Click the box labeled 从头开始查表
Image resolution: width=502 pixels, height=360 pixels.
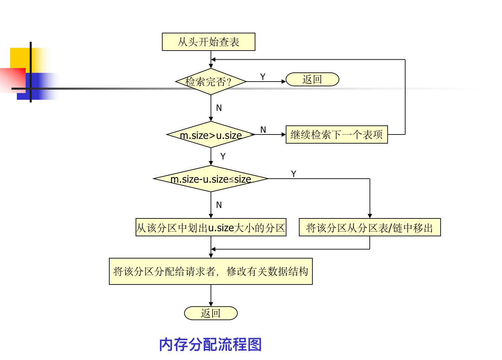pos(208,42)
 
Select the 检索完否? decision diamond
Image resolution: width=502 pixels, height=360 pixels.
pos(211,82)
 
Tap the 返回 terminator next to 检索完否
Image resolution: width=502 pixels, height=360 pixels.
pos(312,80)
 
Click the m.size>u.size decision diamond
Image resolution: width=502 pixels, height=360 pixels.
pos(211,135)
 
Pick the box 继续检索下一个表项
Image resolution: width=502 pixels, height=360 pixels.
pos(336,134)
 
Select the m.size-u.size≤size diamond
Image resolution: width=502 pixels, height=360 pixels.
pos(211,179)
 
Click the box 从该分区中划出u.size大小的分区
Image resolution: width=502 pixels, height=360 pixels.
pos(211,228)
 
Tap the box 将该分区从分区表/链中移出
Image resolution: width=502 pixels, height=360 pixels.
pos(369,228)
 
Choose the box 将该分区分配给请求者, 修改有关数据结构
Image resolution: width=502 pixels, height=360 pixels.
pos(211,271)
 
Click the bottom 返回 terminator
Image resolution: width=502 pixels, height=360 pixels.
pos(211,313)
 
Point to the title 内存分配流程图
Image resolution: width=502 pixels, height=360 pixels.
pos(210,344)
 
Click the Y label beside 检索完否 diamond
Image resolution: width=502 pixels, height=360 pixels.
pos(262,77)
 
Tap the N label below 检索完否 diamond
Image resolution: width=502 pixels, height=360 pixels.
pos(219,108)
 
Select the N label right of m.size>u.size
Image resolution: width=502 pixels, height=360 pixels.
pos(263,130)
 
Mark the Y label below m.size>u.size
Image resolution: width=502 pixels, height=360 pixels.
pos(223,156)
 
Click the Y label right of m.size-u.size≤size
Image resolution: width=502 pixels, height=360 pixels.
pos(294,174)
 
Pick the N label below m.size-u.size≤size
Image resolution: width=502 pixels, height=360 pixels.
pos(219,205)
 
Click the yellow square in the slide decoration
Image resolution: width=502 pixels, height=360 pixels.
pos(20,57)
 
